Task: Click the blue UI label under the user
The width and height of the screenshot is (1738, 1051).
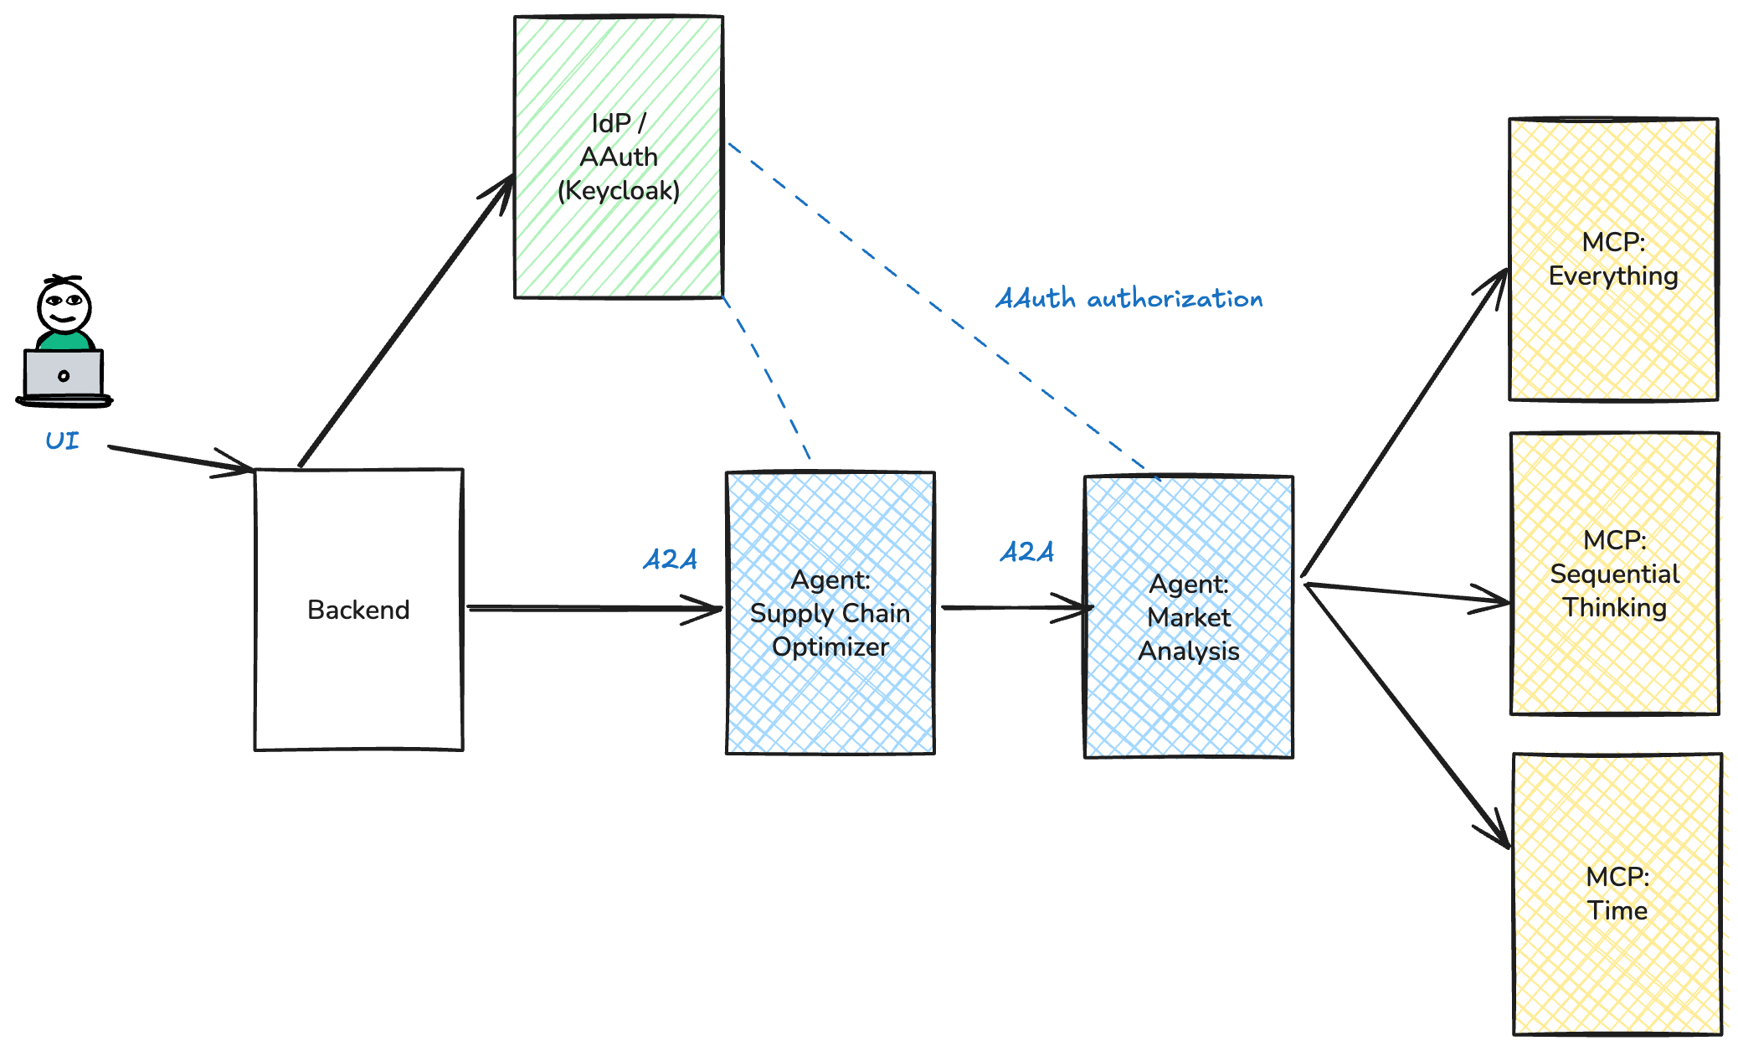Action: point(62,440)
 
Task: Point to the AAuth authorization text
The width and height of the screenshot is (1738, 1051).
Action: point(1129,299)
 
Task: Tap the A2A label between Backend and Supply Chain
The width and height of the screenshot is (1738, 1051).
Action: point(670,559)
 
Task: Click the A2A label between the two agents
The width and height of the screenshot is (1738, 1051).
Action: point(1026,551)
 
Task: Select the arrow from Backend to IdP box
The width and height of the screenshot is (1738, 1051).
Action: point(406,322)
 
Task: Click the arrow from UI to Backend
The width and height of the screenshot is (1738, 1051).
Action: point(180,459)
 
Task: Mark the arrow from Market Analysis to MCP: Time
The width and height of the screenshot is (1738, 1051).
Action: point(1406,716)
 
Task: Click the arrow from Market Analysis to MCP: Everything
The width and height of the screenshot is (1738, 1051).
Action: point(1406,423)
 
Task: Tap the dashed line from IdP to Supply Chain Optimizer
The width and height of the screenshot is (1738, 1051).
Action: point(766,377)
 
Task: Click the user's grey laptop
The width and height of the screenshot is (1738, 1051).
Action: point(64,374)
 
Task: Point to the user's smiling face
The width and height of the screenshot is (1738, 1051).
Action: point(64,307)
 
